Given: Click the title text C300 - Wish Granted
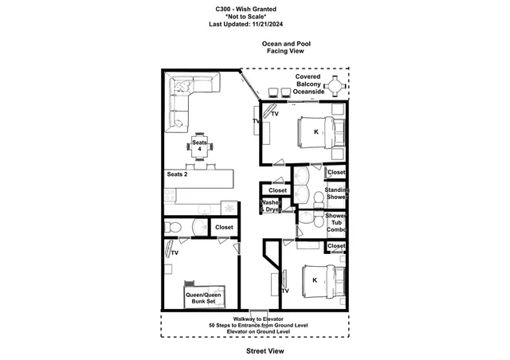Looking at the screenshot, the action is click(246, 9).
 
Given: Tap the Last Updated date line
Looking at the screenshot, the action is click(246, 24).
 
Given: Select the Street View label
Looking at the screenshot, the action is click(265, 351).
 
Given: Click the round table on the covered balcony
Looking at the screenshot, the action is click(336, 86).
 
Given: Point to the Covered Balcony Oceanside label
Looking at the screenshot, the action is click(308, 84).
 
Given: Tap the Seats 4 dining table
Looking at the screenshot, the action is click(199, 146).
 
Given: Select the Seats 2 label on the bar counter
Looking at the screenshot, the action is click(177, 174).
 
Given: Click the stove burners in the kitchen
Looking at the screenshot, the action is click(170, 196).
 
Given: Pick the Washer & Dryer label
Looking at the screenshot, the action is click(271, 205).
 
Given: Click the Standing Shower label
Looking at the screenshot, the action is click(336, 194).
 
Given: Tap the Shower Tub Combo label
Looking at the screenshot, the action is click(336, 222).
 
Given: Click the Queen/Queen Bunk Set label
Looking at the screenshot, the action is click(203, 298).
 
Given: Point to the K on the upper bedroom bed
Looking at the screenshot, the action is click(316, 132).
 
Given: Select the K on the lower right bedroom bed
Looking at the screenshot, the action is click(315, 280).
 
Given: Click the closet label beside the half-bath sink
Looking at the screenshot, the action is click(224, 227).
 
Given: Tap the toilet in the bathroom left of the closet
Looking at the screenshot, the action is click(172, 227).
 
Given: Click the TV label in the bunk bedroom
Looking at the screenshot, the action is click(175, 253).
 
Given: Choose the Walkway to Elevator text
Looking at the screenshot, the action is click(258, 319).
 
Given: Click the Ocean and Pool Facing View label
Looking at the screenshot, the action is click(286, 47).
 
